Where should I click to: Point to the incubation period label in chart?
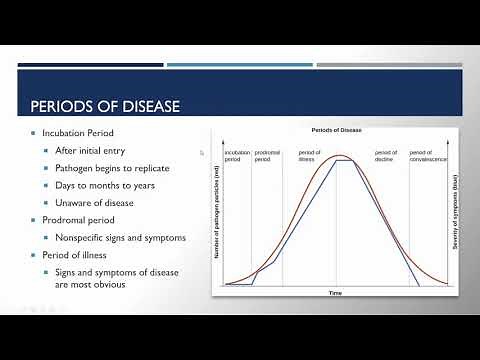tap(238, 156)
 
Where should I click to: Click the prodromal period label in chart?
tap(267, 156)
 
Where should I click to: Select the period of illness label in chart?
tap(311, 156)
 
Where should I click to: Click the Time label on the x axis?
tap(336, 293)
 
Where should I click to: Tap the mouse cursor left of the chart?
tap(202, 153)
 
